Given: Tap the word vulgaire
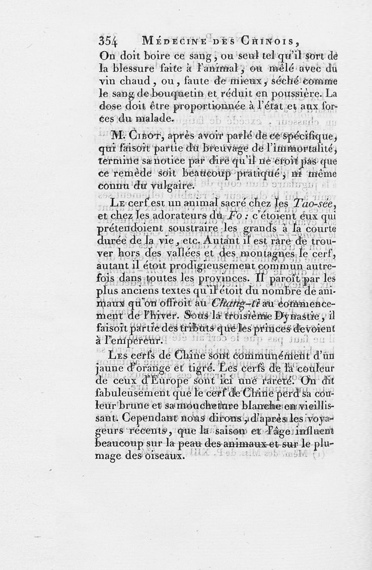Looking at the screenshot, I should click(151, 186).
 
